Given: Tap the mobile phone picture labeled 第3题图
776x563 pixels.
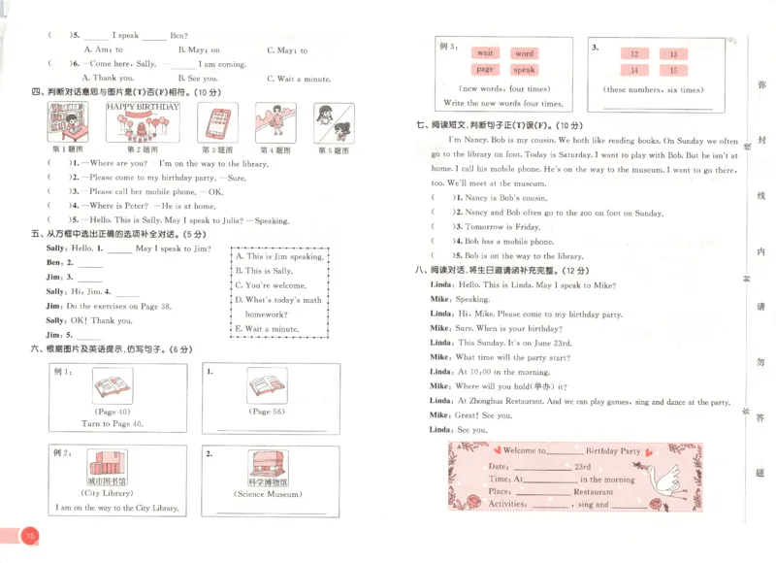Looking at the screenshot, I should coord(216,123).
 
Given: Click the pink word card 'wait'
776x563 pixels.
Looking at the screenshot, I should coord(485,53).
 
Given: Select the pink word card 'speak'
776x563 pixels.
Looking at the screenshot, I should coord(524,70).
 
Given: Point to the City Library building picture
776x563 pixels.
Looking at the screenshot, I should coord(107,463).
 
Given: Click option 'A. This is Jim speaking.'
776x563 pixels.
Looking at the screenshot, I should coord(279,257).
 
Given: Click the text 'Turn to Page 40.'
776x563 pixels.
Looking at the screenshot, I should coord(112,424).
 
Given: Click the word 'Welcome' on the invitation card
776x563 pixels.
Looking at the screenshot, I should coord(524,451).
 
